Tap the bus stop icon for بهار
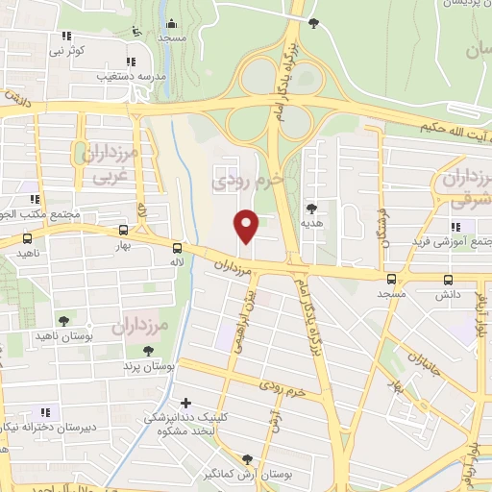pyautogui.click(x=123, y=231)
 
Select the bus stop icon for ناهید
pyautogui.click(x=27, y=237)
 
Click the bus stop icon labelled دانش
pyautogui.click(x=448, y=280)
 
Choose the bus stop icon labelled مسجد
pyautogui.click(x=390, y=280)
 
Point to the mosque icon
pyautogui.click(x=172, y=24)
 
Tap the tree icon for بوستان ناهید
pyautogui.click(x=63, y=321)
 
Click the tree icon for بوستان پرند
pyautogui.click(x=147, y=352)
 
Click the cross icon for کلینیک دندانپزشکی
pyautogui.click(x=185, y=403)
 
